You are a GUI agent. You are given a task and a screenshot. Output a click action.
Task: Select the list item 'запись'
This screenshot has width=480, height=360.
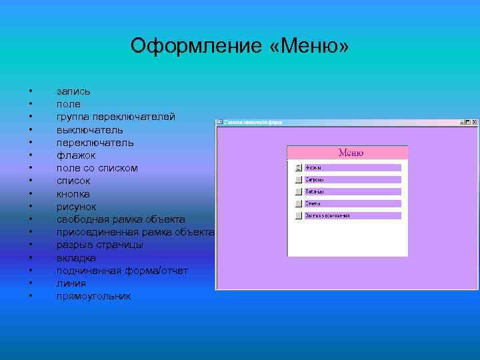(x=73, y=91)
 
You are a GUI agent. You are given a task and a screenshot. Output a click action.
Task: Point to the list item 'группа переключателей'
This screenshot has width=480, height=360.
(x=116, y=117)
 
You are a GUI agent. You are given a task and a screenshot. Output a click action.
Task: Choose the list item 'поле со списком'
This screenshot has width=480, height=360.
(x=97, y=168)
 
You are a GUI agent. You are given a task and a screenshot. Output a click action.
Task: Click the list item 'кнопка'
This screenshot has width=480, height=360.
(x=73, y=194)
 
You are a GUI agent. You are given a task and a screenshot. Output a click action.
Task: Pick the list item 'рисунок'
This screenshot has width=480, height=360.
(x=76, y=207)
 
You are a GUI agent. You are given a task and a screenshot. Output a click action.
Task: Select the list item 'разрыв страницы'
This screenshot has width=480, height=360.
(x=99, y=245)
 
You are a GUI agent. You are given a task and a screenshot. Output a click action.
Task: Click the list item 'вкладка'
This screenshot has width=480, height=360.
(x=76, y=258)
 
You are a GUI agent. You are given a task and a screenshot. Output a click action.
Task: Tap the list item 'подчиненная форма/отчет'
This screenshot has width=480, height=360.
(x=122, y=271)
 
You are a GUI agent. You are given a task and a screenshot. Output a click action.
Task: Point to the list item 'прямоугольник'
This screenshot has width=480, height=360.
(x=93, y=296)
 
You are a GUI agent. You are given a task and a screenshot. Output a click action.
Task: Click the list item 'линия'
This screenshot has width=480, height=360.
(x=71, y=283)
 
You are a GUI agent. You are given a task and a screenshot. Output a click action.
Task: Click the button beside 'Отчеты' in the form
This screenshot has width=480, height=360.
(x=299, y=203)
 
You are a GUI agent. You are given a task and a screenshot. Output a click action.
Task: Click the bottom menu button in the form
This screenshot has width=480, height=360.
(x=299, y=216)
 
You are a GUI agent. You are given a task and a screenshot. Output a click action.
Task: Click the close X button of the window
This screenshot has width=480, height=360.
(x=474, y=123)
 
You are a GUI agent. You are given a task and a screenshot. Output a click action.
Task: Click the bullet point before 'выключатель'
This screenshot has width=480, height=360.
(x=31, y=130)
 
